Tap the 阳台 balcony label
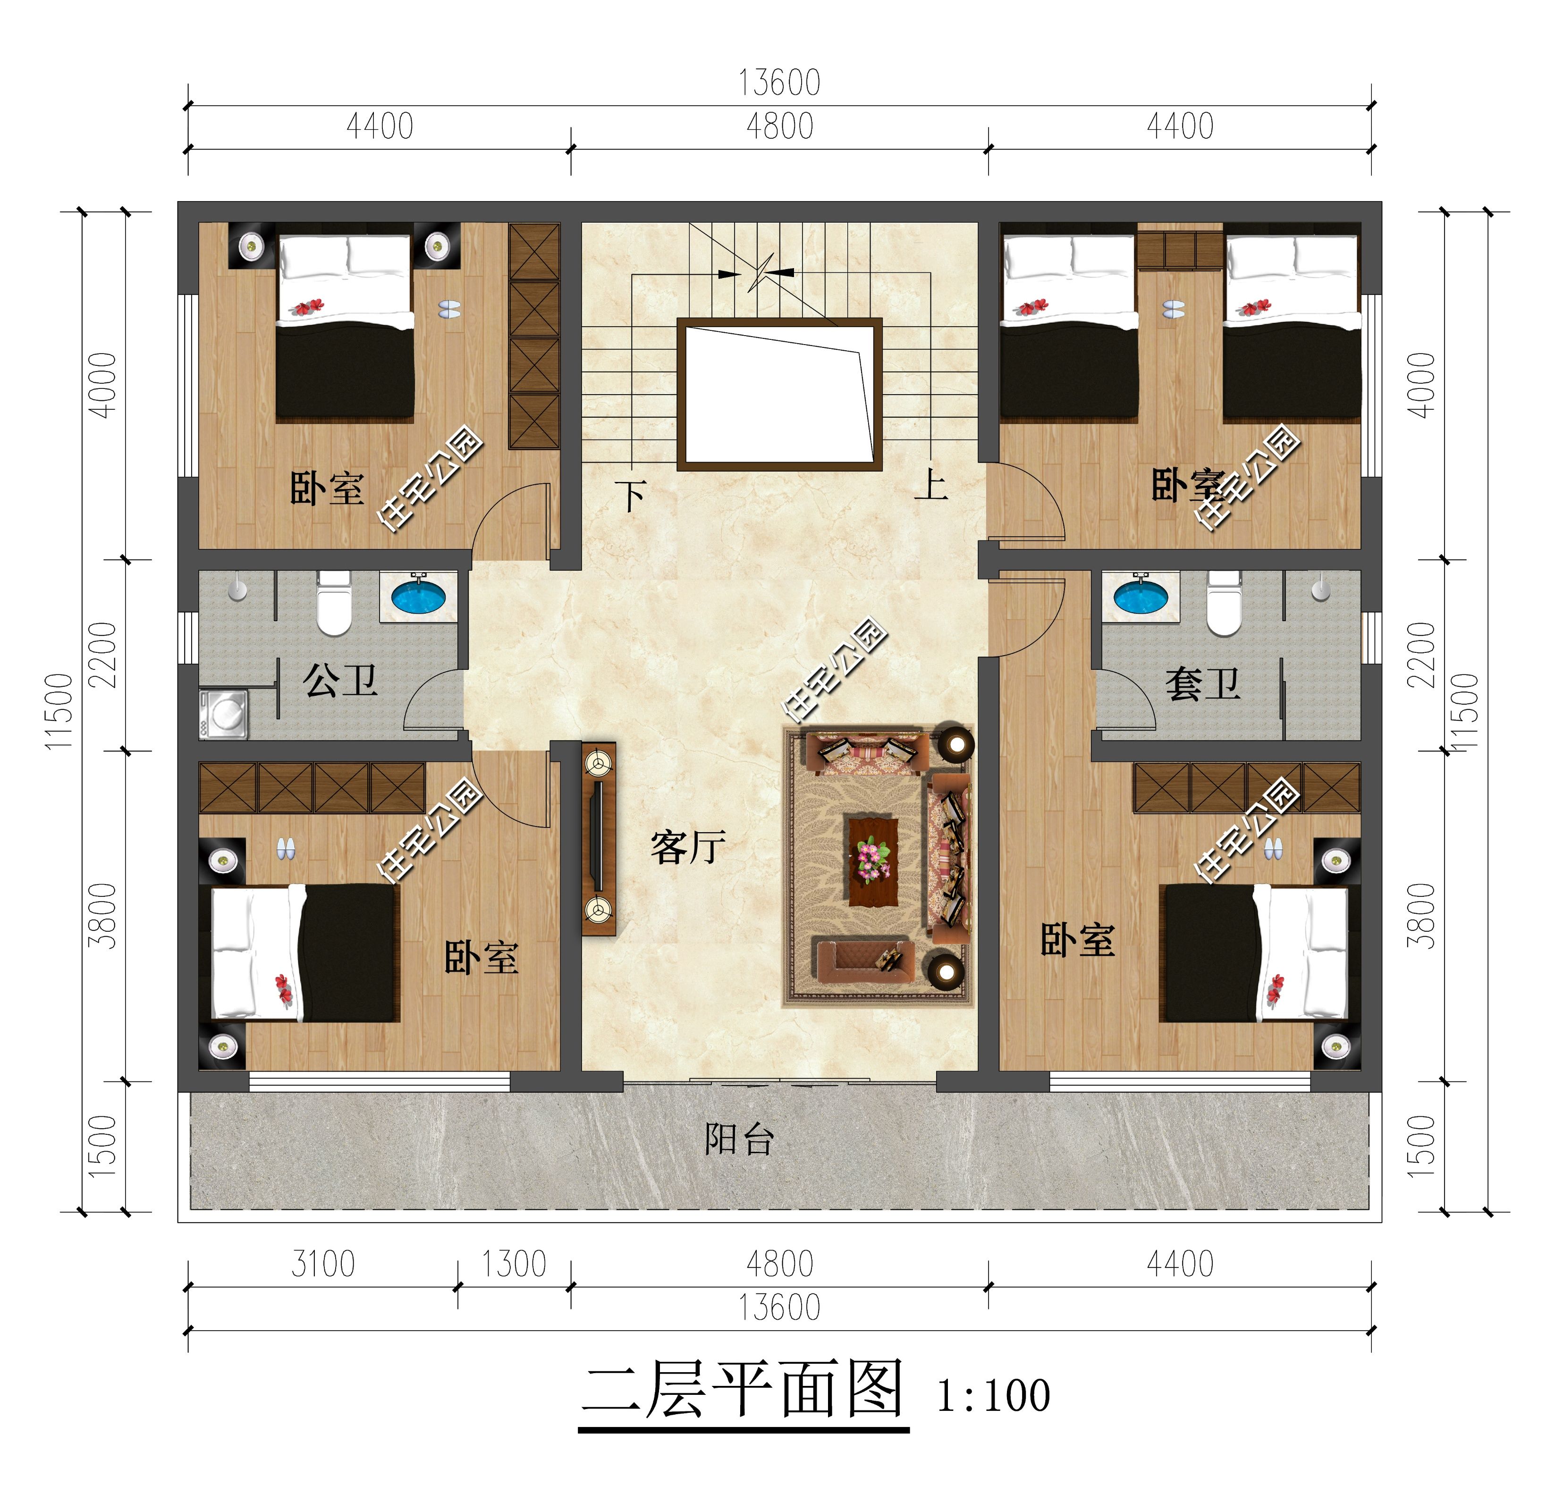pos(739,1139)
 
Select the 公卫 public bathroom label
pos(339,681)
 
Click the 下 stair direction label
pos(632,497)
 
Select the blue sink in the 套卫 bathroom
pos(1140,597)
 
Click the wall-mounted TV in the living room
pos(597,837)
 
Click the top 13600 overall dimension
pos(779,83)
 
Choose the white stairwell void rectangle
pos(779,394)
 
